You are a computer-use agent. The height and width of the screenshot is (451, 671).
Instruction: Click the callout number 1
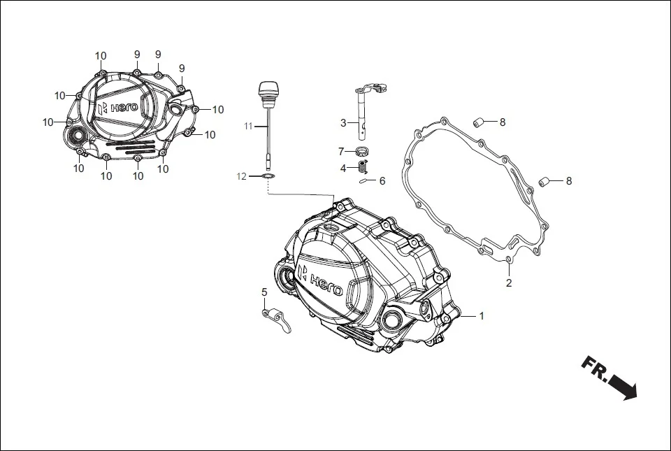[481, 316]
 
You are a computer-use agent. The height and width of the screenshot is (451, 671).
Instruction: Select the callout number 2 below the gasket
[509, 283]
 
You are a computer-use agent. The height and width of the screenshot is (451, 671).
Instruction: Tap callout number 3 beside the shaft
[343, 124]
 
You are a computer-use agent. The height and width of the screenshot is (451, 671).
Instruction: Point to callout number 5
[264, 292]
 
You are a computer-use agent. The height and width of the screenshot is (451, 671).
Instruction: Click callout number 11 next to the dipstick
[248, 127]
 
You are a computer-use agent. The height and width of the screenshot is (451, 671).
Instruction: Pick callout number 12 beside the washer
[241, 177]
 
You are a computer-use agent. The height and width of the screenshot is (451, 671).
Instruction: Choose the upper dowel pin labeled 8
[480, 123]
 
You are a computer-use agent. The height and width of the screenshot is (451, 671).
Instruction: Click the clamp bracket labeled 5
[277, 320]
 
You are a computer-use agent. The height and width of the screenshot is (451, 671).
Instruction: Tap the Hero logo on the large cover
[319, 280]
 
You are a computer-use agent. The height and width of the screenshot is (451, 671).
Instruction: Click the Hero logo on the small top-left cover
[115, 108]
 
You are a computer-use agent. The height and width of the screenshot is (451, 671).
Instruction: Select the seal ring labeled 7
[362, 152]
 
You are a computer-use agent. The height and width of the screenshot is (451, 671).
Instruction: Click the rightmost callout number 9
[182, 69]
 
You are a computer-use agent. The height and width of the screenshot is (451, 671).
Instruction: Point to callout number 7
[341, 152]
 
